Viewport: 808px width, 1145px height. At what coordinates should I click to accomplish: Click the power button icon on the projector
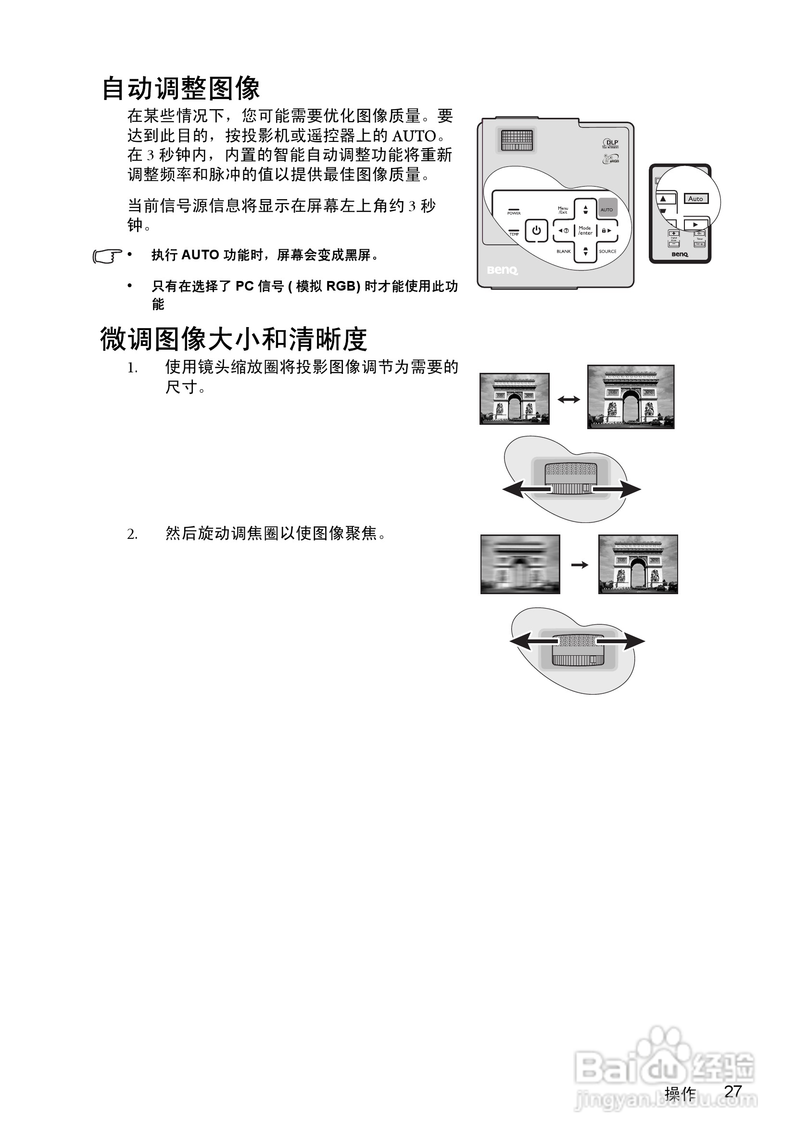536,230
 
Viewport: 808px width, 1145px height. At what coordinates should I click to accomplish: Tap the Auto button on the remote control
695,199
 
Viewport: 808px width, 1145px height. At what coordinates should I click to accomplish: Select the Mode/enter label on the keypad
585,230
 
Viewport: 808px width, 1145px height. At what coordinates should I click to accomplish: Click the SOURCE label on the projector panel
607,251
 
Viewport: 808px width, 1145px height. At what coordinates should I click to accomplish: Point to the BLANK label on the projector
563,251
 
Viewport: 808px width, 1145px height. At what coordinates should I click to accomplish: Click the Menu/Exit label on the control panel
563,210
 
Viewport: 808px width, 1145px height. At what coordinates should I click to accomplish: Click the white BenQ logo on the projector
503,270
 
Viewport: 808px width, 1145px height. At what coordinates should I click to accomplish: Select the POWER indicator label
514,213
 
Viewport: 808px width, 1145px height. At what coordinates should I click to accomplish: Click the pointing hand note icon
107,256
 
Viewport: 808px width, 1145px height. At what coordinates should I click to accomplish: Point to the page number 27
733,1091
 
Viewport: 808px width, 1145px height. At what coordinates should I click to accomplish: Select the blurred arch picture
520,564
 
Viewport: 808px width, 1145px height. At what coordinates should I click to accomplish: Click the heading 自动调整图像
181,89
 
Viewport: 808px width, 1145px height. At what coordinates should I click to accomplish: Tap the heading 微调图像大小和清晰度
234,339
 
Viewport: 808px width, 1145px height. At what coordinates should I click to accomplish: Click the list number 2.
132,534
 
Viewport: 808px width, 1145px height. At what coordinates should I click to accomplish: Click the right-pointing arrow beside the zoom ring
619,490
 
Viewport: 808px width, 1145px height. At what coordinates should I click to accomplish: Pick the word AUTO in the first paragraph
414,136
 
